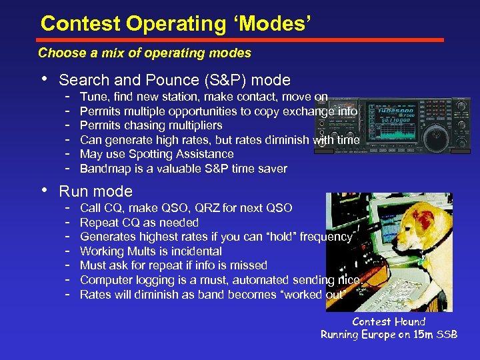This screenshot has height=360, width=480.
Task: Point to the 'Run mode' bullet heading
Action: tap(95, 191)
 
